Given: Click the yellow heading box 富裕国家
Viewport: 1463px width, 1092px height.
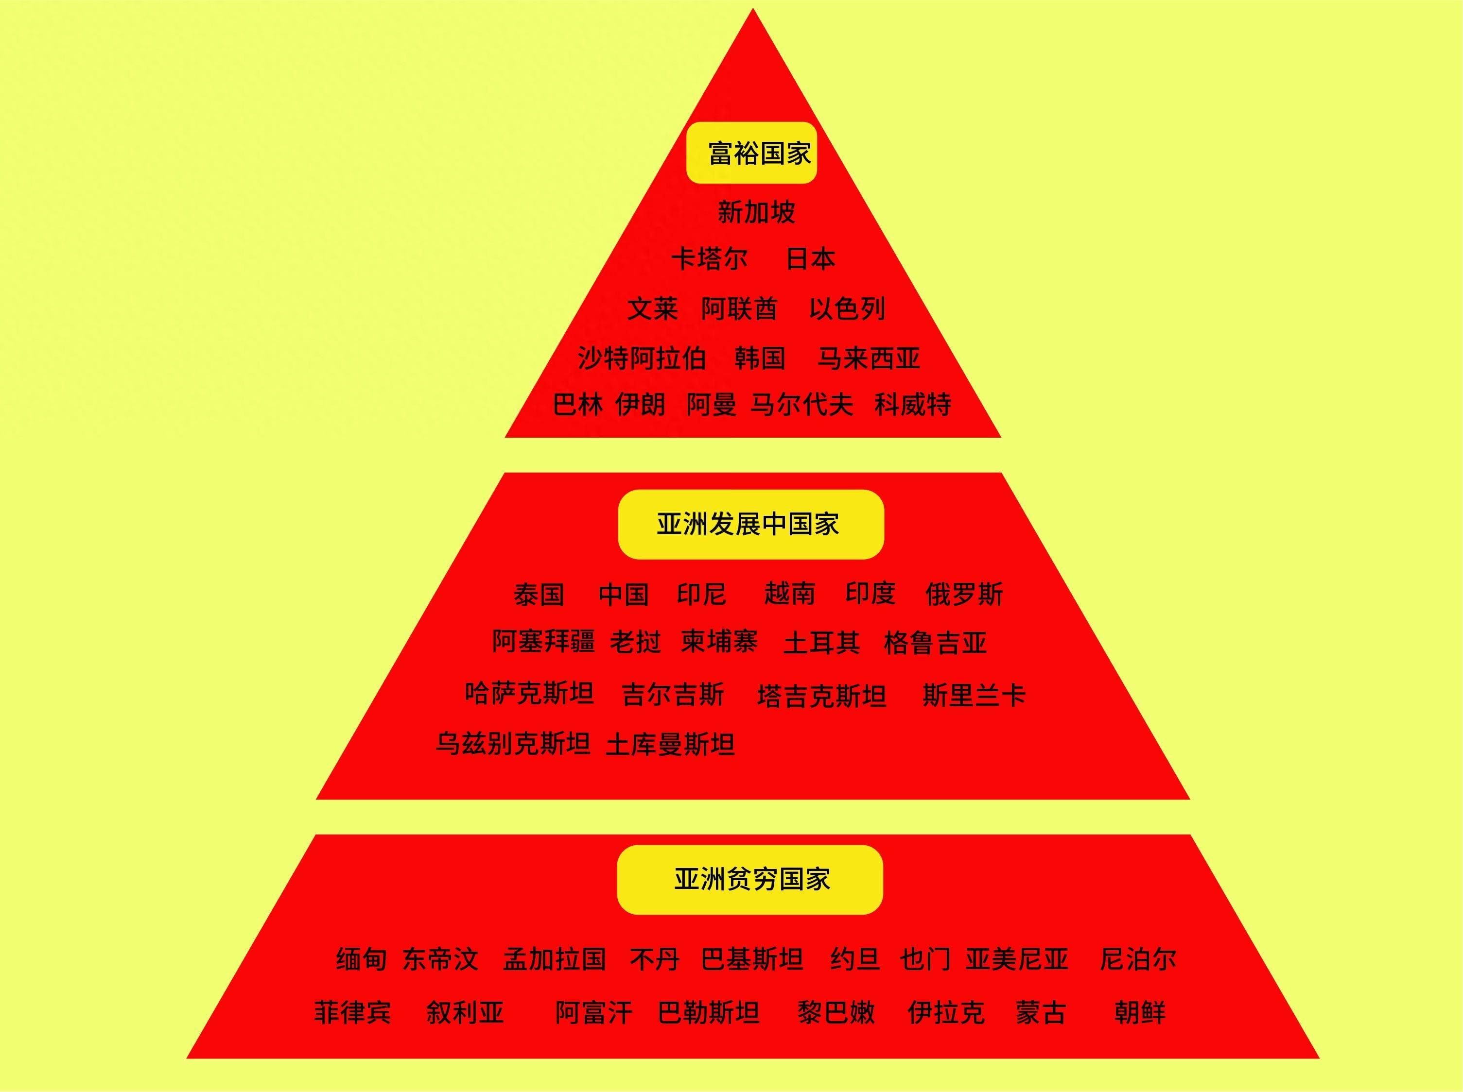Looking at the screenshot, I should pos(752,153).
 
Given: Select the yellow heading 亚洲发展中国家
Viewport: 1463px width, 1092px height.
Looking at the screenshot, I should pos(750,524).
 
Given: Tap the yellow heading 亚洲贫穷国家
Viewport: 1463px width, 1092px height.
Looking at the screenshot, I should pos(750,879).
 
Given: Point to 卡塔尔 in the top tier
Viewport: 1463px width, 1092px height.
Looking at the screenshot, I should pos(709,258).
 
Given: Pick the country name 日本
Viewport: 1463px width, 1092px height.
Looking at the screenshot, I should pos(810,258).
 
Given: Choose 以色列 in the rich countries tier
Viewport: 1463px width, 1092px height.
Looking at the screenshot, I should pos(847,308).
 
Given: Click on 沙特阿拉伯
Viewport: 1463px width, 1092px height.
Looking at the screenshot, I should pos(642,358).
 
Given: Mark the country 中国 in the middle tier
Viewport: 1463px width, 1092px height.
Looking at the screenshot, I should pos(623,594).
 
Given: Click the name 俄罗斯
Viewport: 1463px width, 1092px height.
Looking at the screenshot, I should pos(964,594).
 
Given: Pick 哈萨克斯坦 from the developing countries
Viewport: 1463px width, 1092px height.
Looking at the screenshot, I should pos(529,693).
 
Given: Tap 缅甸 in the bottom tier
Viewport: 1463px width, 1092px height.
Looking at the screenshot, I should pos(361,959).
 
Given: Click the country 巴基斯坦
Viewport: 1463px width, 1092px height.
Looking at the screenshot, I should pos(752,959).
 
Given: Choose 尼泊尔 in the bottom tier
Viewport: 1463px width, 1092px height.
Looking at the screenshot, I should pos(1138,959).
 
